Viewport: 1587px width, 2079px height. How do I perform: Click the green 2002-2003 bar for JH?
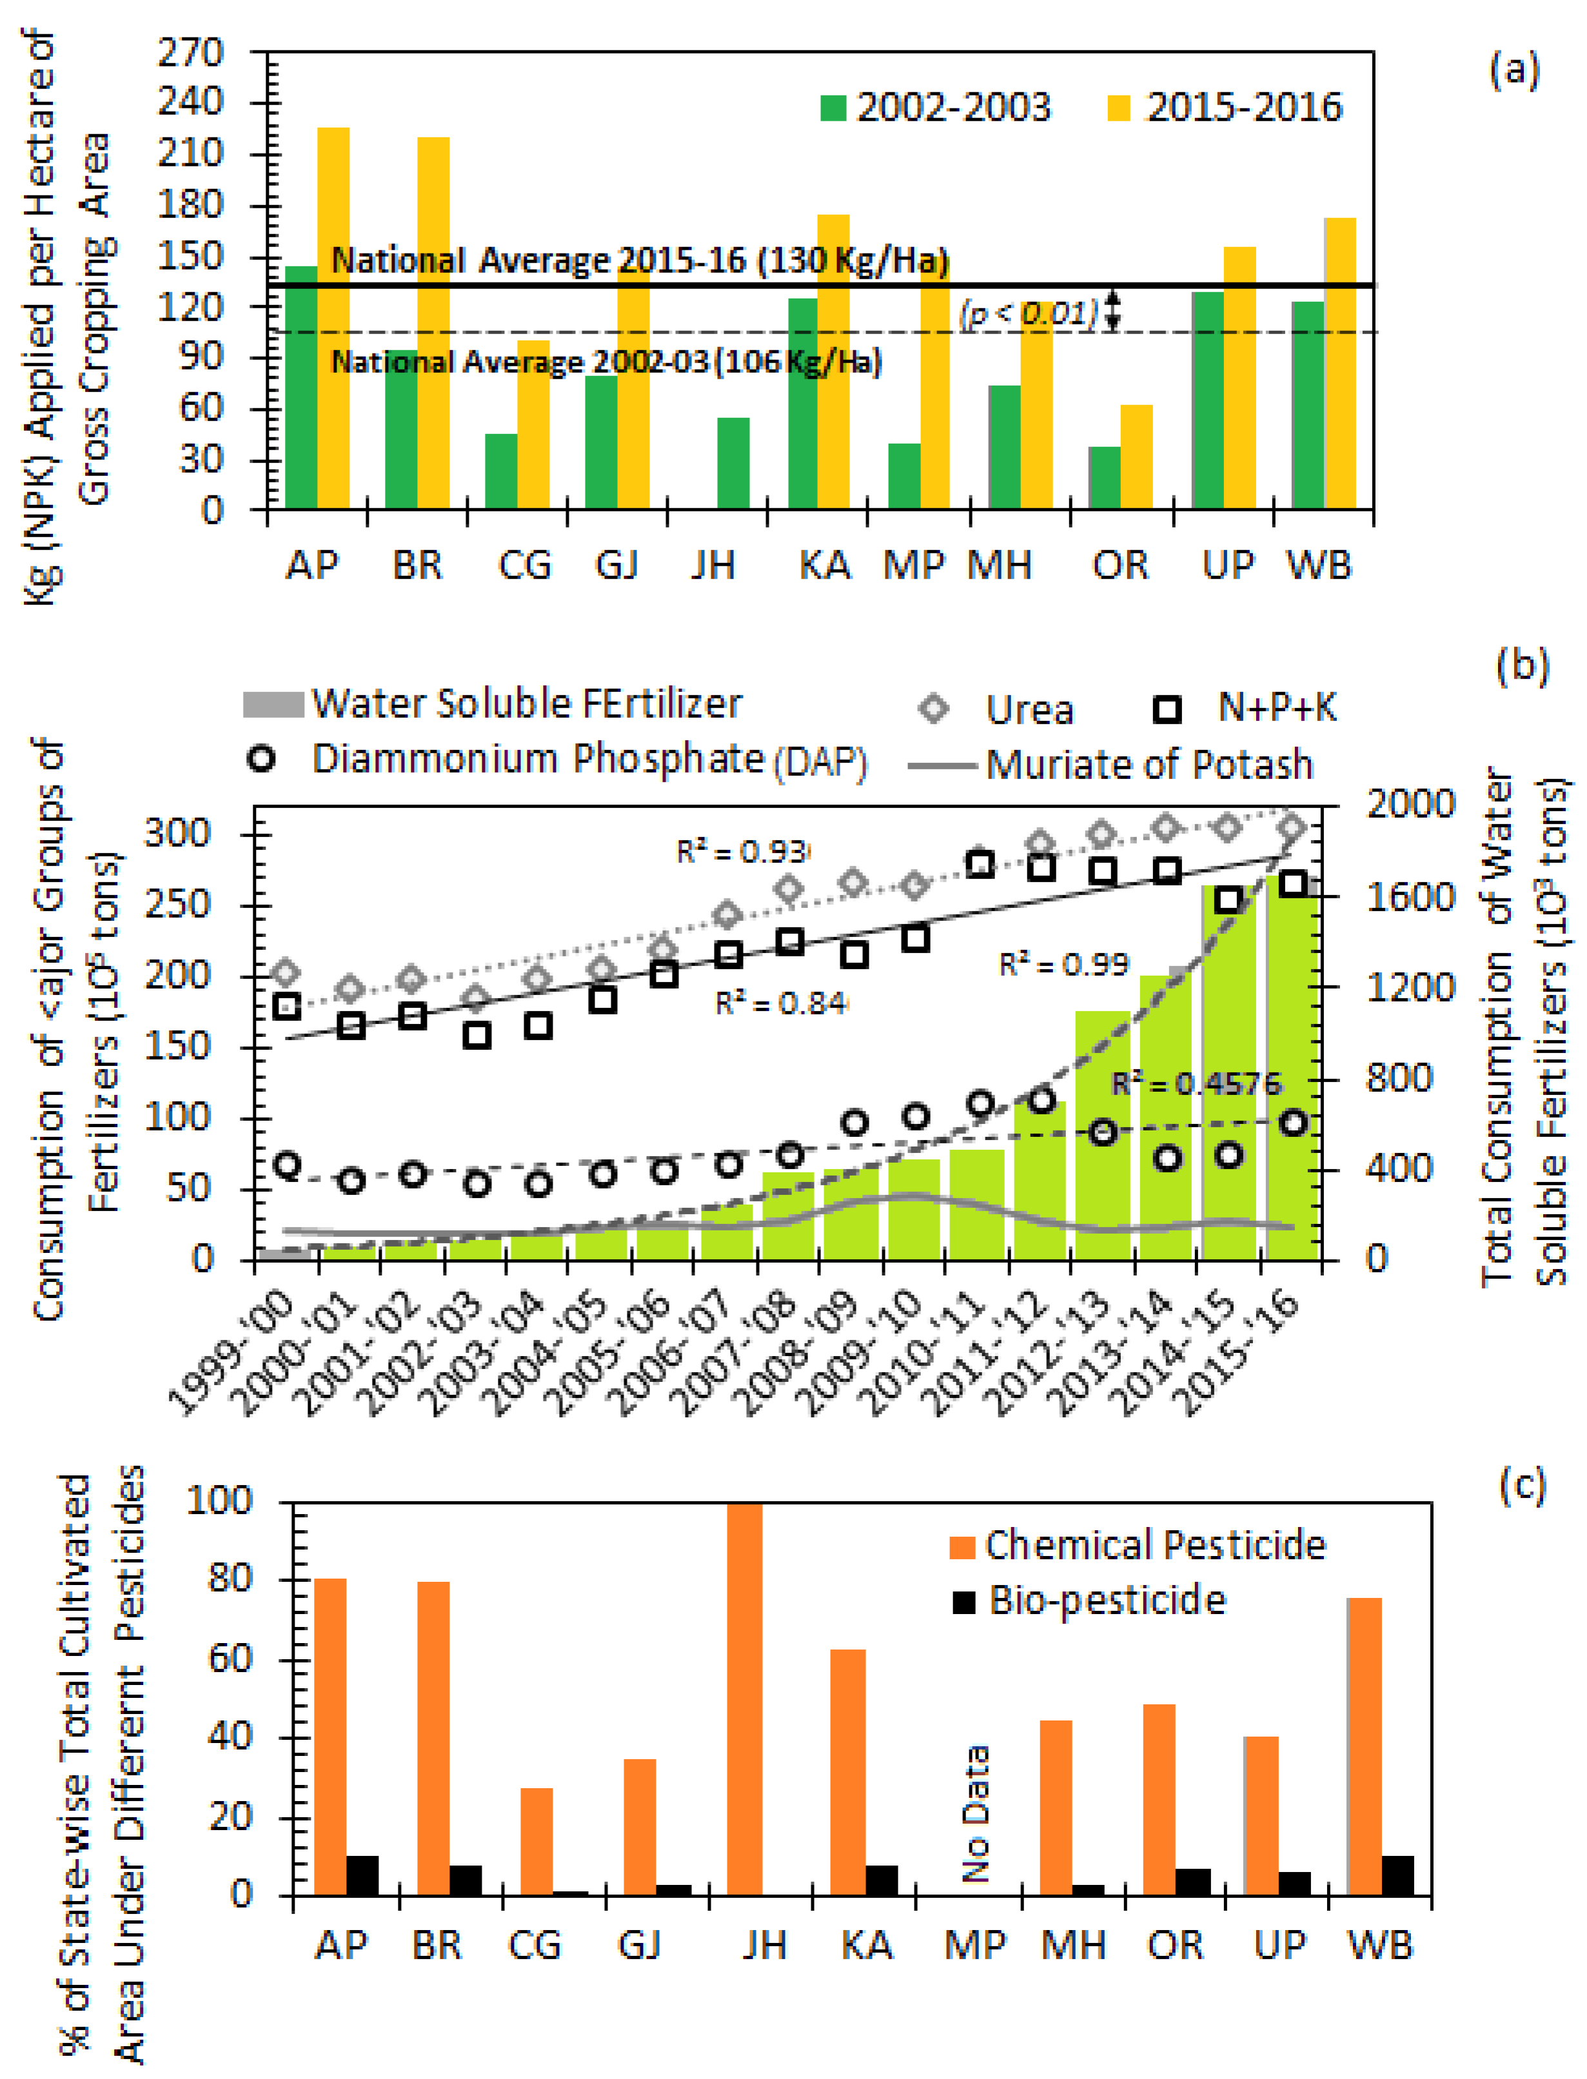733,463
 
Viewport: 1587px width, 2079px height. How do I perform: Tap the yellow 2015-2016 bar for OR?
1136,457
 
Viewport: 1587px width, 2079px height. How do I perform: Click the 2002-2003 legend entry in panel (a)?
935,108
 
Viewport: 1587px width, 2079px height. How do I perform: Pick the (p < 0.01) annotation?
1030,313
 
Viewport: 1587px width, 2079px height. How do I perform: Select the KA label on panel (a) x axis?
825,565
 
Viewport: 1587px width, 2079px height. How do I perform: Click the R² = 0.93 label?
742,851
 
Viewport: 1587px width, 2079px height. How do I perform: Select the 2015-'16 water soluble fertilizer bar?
1292,1067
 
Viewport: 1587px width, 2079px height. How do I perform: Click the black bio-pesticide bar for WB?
1398,1875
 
